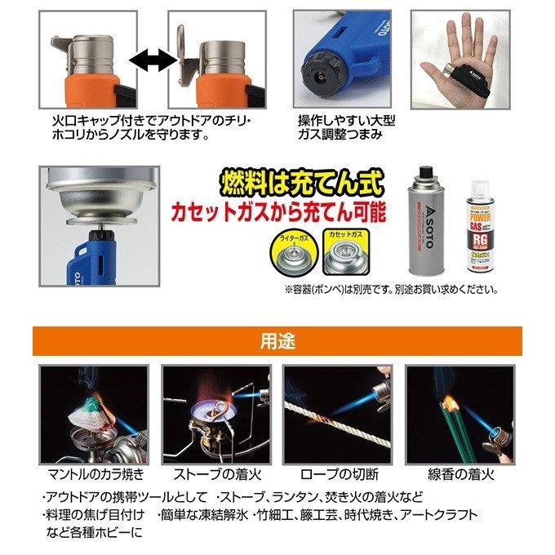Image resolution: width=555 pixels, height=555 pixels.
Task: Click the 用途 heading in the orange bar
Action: coord(277,338)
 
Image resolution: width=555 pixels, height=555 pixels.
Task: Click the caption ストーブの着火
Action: coord(215,473)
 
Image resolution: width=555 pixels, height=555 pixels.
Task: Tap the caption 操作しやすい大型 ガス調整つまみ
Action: coord(347,127)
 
